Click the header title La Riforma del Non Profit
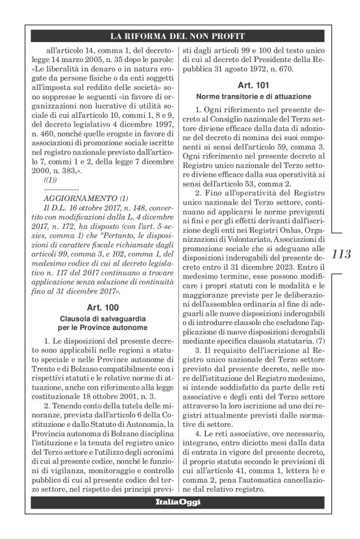tap(179, 35)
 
